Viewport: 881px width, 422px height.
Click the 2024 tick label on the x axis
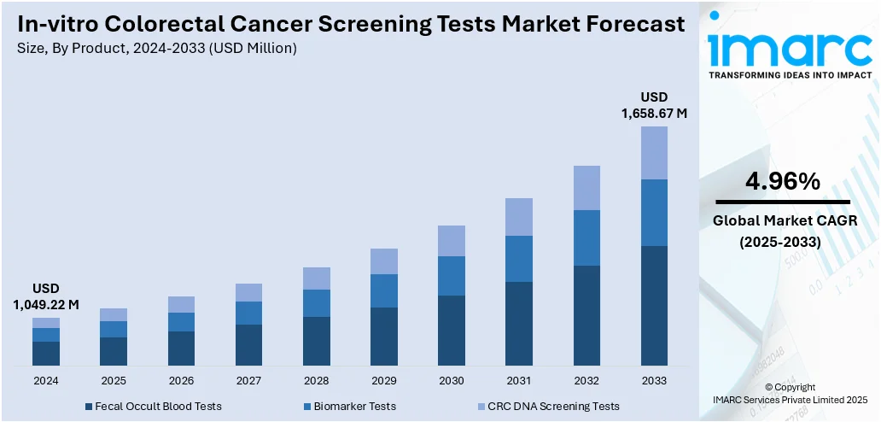click(46, 380)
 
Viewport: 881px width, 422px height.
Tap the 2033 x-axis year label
click(654, 380)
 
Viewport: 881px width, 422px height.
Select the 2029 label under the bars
click(384, 380)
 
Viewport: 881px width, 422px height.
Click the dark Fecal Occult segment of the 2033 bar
click(654, 306)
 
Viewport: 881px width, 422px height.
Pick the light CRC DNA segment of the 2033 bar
click(654, 153)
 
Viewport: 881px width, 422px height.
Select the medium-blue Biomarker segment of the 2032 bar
click(586, 237)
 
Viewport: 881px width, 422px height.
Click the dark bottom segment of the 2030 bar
click(452, 331)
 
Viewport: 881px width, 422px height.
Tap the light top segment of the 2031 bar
click(519, 217)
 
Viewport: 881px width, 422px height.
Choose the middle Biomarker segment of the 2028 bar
click(317, 303)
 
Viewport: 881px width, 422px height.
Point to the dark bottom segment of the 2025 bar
click(114, 351)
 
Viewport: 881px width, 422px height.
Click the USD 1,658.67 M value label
click(654, 104)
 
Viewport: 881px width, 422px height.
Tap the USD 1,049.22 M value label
click(46, 296)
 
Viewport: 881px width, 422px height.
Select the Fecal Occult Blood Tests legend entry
click(153, 406)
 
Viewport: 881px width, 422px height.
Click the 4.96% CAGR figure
click(782, 181)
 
